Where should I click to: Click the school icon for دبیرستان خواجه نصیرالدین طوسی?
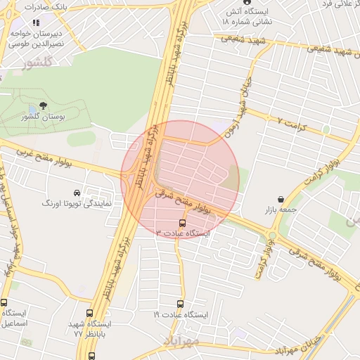tap(36, 22)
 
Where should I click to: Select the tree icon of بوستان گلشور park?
tap(44, 106)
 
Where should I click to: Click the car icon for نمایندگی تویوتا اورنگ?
tap(77, 193)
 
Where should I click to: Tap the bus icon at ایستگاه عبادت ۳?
tap(184, 222)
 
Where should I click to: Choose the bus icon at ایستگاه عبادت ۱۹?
tap(180, 304)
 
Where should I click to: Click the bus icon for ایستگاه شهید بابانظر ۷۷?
tap(89, 314)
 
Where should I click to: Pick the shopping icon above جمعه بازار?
tap(281, 199)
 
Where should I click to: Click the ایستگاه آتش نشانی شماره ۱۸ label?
tap(246, 18)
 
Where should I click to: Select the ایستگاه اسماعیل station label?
tap(16, 319)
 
